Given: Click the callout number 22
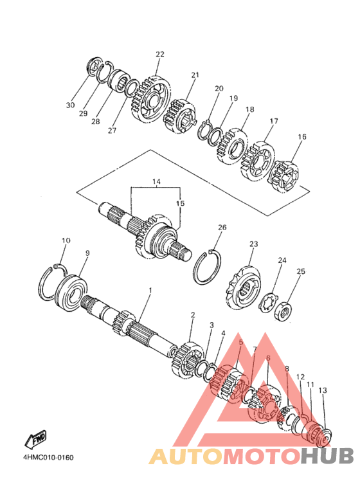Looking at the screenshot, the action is click(159, 54).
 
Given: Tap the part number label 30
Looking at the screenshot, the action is click(70, 105).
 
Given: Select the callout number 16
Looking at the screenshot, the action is click(302, 136).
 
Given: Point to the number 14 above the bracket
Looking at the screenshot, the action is click(156, 181).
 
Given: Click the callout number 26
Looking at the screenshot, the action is click(222, 227).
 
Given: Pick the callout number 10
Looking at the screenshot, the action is click(66, 240).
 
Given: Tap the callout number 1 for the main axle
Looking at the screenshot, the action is click(150, 291).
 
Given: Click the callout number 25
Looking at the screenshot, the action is click(301, 271).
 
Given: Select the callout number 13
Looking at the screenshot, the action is click(322, 390).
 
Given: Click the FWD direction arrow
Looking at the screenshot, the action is click(35, 439).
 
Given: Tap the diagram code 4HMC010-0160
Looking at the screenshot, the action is click(48, 457).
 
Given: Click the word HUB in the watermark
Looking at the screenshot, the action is click(327, 456).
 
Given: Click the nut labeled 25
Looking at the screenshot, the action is click(283, 312).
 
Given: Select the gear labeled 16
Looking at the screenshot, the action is click(283, 176).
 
